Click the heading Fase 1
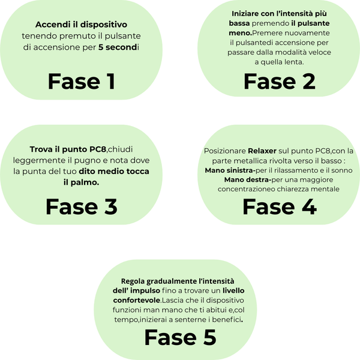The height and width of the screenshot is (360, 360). click(x=81, y=81)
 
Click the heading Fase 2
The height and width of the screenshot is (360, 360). click(x=279, y=81)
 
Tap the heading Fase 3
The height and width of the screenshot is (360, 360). click(x=81, y=206)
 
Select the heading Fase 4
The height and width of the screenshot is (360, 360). click(x=279, y=206)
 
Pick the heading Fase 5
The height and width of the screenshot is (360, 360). click(x=180, y=338)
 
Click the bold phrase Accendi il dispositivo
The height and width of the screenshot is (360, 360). click(x=81, y=25)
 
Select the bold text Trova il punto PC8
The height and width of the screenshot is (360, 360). click(x=68, y=149)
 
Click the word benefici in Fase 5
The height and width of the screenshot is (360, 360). click(x=226, y=319)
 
